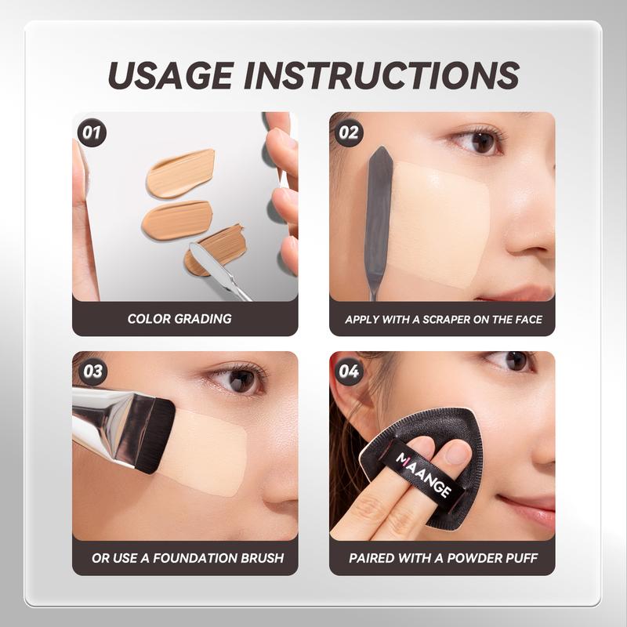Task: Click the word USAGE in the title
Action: coord(171,75)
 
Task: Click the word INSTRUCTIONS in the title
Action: coord(382,75)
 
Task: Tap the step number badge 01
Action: coord(92,132)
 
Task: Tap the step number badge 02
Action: coord(349,132)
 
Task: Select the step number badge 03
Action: coord(92,371)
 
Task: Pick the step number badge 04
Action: coord(349,371)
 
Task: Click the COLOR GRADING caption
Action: coord(179,319)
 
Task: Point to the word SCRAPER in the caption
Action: coord(446,320)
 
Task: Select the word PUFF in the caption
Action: coord(522,558)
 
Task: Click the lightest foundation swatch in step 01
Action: coord(181,173)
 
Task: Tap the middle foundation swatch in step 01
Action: coord(177,220)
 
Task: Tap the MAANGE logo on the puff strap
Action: coord(424,475)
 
